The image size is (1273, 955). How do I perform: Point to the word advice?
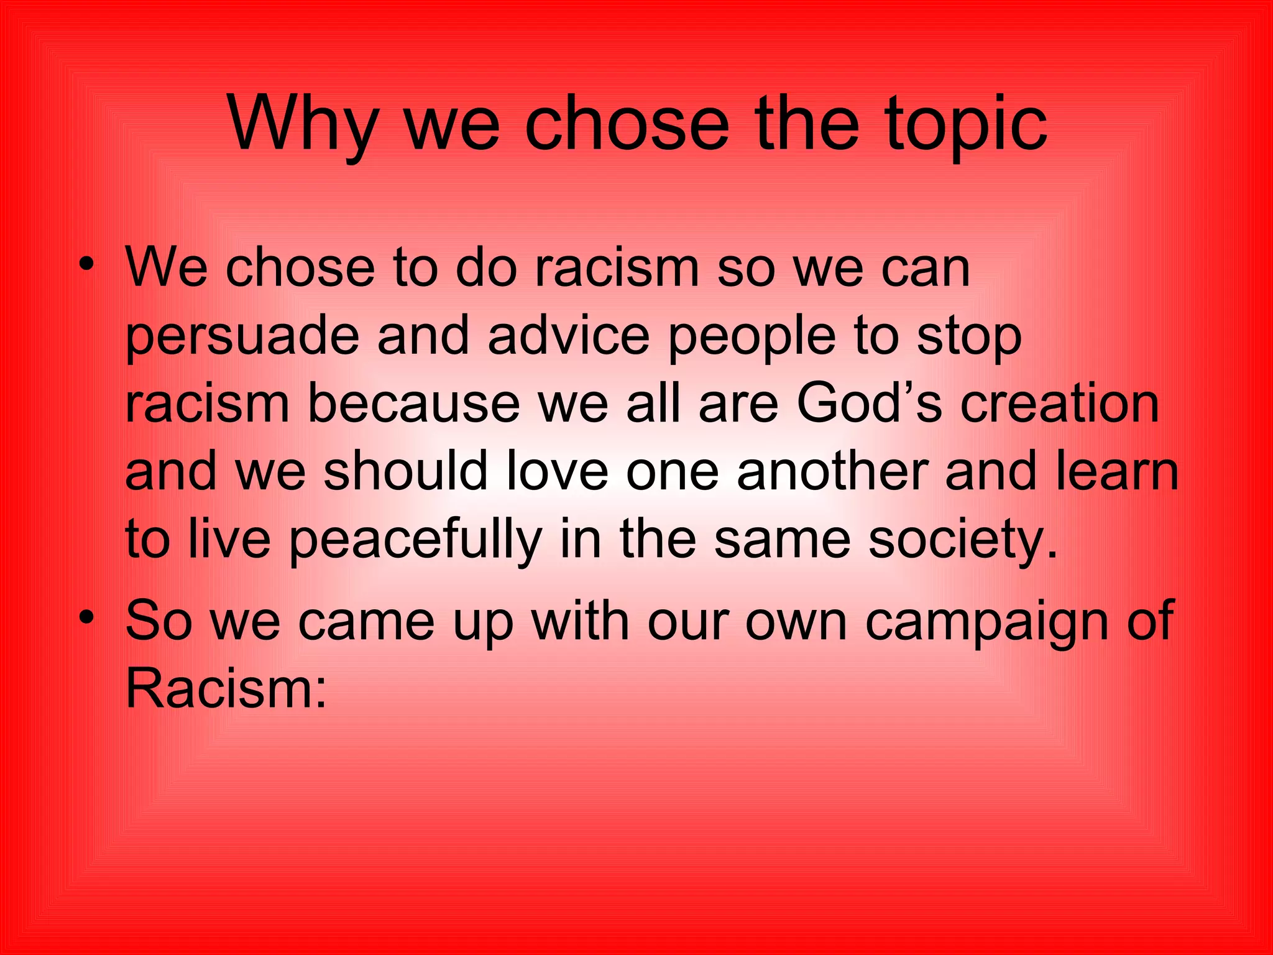568,336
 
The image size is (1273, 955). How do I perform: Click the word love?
556,471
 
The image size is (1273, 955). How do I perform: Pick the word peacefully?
415,540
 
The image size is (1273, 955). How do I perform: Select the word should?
405,471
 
